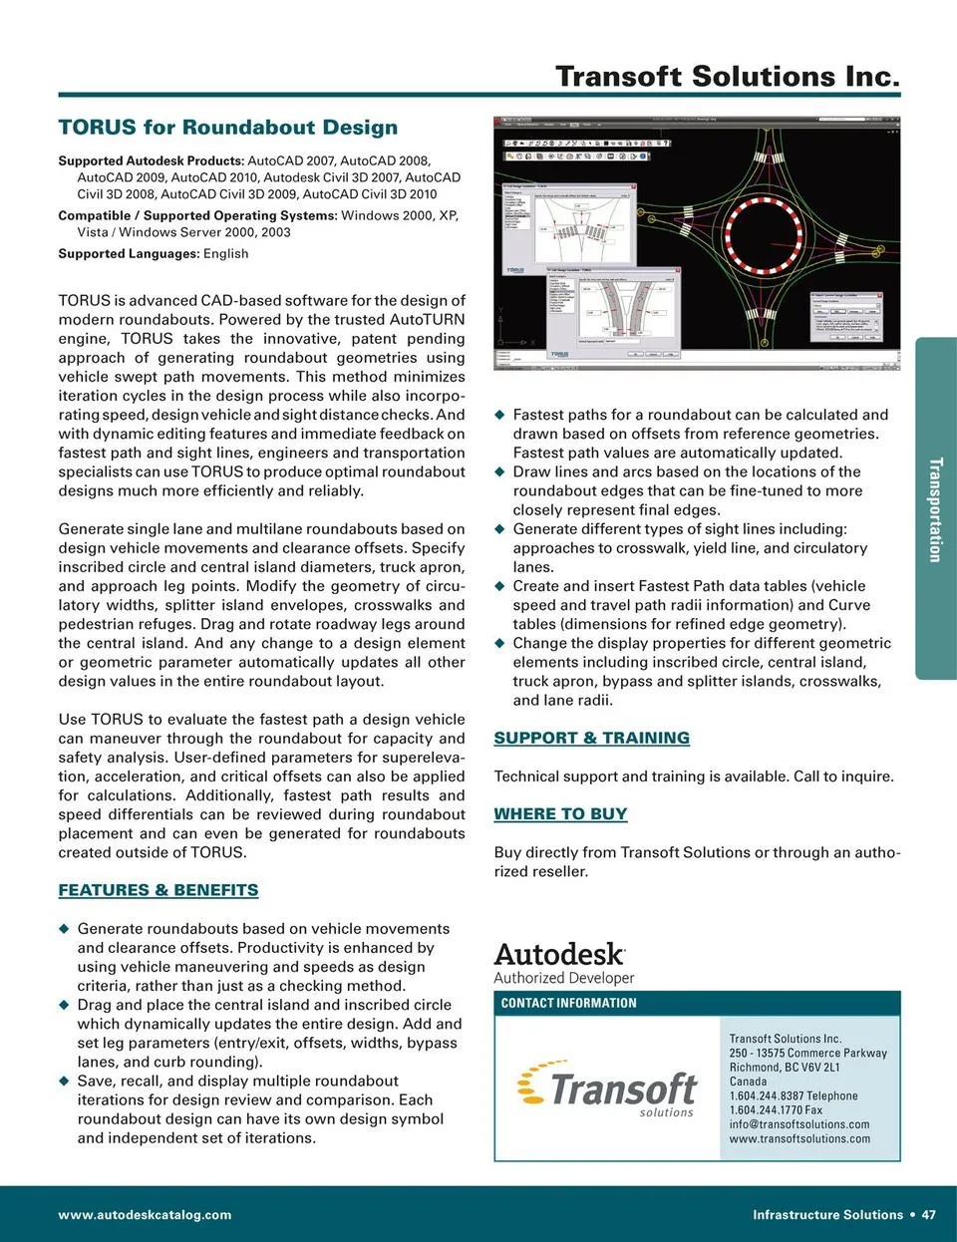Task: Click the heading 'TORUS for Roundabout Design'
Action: pos(227,128)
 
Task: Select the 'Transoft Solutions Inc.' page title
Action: pos(728,76)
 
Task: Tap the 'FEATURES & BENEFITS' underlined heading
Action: pos(159,890)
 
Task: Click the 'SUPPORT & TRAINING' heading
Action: pos(592,738)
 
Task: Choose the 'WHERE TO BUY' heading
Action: pos(560,814)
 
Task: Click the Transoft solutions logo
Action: pos(608,1091)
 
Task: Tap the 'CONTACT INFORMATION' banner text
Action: pos(568,1003)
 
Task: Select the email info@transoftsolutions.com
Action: pos(799,1124)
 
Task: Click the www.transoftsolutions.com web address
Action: pos(799,1139)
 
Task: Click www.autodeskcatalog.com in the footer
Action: pos(145,1215)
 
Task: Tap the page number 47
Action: pos(929,1215)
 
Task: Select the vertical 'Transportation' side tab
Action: pos(935,509)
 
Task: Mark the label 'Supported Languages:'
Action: pos(129,254)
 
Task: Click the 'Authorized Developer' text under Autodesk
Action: pos(564,979)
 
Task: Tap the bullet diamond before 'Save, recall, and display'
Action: pos(64,1082)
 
